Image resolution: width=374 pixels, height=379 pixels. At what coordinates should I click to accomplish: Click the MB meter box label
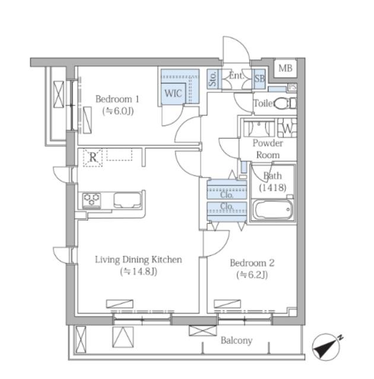tap(286, 69)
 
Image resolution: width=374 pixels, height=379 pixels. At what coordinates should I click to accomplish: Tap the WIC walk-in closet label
tap(173, 94)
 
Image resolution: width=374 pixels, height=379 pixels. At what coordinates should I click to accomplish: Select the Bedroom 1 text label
tap(117, 99)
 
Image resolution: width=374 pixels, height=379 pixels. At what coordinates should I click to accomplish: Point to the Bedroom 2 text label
tap(252, 263)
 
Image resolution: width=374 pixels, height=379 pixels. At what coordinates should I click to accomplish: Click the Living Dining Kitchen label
tap(138, 259)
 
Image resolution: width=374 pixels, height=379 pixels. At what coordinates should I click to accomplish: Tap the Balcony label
tap(236, 341)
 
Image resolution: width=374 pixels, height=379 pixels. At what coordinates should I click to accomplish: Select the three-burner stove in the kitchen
tap(91, 200)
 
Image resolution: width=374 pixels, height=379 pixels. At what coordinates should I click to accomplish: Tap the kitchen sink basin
tap(128, 200)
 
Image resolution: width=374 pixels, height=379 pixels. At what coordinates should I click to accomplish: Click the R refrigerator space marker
tap(93, 158)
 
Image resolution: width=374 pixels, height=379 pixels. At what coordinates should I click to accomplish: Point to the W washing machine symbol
tap(287, 128)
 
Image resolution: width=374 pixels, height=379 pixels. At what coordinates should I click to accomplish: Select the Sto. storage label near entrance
tap(213, 79)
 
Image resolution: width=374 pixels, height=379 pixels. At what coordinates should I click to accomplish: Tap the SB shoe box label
tap(259, 79)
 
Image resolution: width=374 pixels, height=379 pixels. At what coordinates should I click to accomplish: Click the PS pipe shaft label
tap(293, 87)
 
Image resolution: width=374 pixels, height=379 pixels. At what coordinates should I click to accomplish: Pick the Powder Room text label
tap(268, 149)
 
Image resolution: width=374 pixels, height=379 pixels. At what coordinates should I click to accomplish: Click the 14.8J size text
tap(138, 272)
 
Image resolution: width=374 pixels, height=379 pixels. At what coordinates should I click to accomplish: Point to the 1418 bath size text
tap(272, 188)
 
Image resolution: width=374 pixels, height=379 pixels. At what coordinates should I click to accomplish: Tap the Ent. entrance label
tap(236, 76)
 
